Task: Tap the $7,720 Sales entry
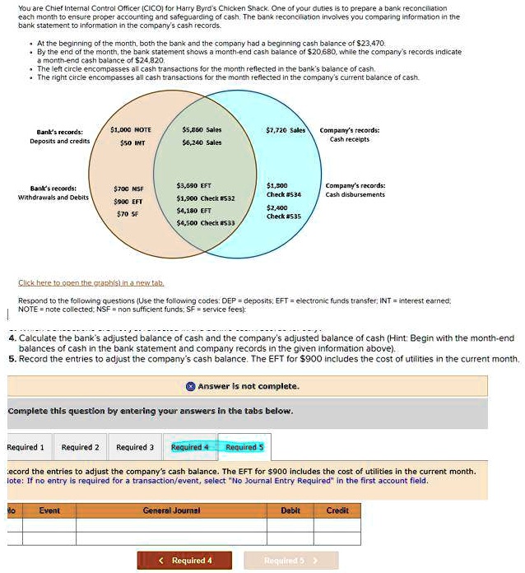pos(286,130)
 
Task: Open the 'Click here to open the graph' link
pos(91,282)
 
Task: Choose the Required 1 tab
pos(26,447)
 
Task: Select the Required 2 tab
pos(81,447)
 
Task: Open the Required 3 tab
pos(135,447)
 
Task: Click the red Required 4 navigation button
pos(188,561)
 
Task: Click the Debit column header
pos(290,510)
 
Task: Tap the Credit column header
pos(337,510)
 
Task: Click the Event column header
pos(49,510)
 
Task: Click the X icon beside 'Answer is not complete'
pos(190,386)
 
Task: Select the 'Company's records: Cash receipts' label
pos(354,134)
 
